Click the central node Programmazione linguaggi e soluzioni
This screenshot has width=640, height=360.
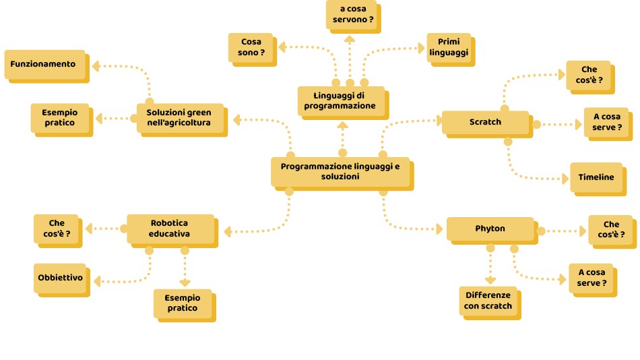340,171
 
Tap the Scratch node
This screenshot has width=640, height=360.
485,122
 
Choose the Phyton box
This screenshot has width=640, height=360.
490,229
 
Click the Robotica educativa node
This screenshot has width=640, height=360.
170,229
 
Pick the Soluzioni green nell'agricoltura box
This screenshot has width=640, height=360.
179,117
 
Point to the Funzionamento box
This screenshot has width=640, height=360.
44,64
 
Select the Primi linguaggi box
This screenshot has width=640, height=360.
449,47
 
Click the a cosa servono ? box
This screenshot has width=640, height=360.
351,14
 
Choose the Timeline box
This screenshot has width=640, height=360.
596,177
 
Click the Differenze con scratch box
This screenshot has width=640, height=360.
488,301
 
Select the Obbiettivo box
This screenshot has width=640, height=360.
59,278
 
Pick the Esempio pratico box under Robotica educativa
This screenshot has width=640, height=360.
182,303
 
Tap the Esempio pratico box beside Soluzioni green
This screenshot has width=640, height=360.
60,117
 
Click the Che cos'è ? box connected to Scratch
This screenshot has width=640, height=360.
589,75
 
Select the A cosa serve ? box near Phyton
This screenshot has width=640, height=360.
591,278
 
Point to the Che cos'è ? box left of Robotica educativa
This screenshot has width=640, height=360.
56,228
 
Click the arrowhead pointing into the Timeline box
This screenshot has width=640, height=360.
565,179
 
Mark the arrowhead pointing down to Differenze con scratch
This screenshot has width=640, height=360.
490,280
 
